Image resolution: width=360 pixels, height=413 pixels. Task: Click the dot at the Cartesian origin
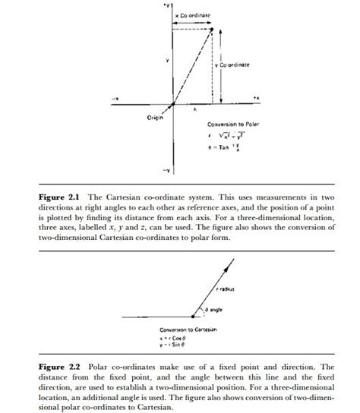174,106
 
